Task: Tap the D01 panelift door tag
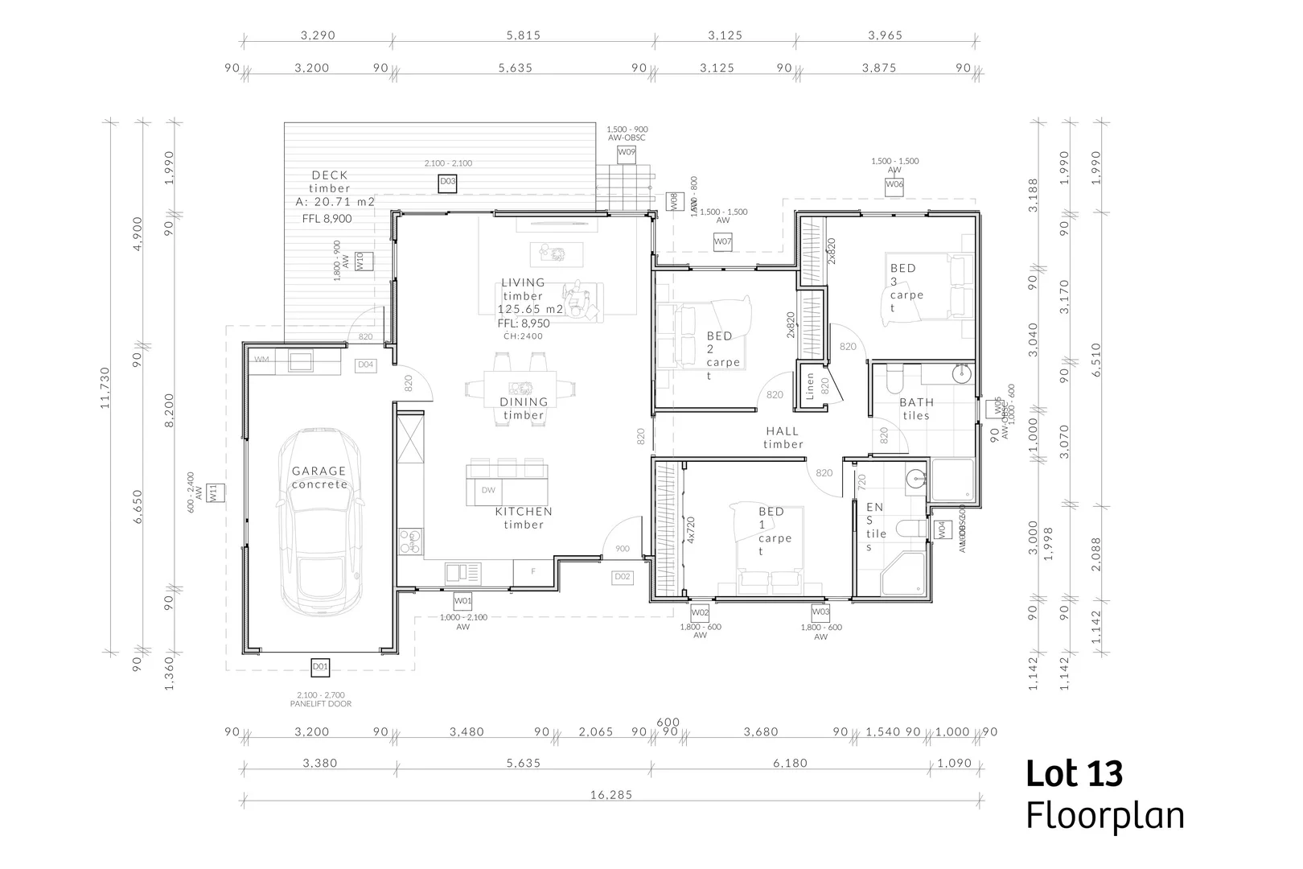coord(320,666)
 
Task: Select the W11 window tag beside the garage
coord(214,492)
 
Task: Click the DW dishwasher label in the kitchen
coord(488,490)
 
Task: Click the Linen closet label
coord(811,386)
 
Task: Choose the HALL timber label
coord(783,438)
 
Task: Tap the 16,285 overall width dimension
coord(611,794)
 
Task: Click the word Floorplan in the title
coord(1105,815)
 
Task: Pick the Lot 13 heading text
coord(1074,773)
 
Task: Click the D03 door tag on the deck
coord(448,183)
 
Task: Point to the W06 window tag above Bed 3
coord(894,185)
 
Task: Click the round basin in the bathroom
coord(961,374)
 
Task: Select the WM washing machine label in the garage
coord(261,359)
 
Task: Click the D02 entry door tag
coord(622,577)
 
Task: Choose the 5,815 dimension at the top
coord(523,35)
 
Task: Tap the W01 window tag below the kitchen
coord(462,600)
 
